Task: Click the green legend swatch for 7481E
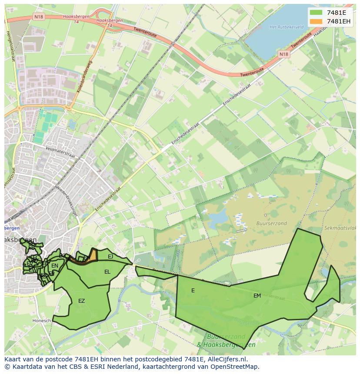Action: tap(316, 12)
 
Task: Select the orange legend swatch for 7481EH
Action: tap(316, 21)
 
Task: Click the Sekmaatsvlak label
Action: tap(340, 228)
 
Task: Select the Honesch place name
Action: tap(42, 321)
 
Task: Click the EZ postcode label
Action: tap(81, 301)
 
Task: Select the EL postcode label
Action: tap(107, 272)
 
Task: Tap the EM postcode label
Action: tap(257, 295)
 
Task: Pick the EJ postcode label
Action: tap(110, 257)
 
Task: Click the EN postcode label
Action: tap(55, 266)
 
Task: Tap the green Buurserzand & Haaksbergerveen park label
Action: tap(226, 341)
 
